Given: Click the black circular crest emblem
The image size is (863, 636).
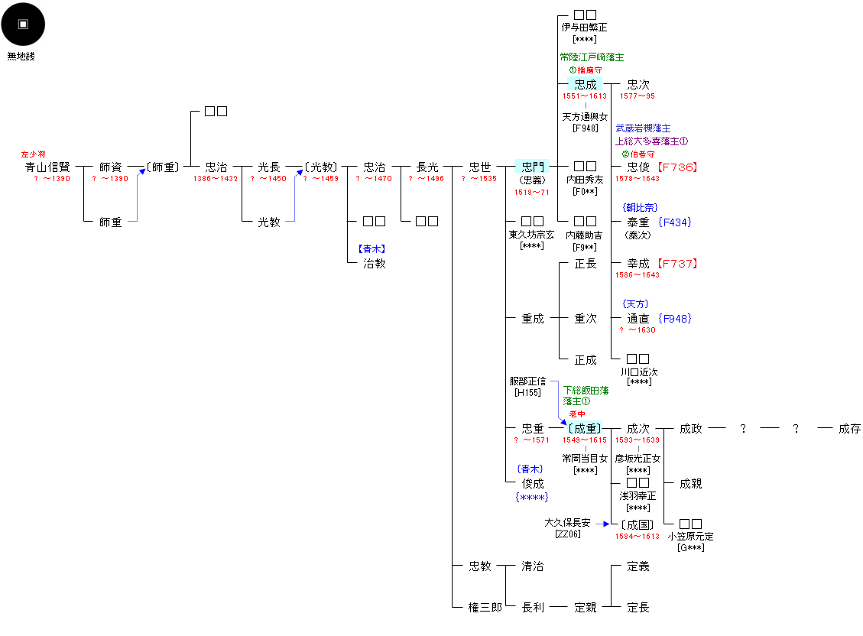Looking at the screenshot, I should coord(23,24).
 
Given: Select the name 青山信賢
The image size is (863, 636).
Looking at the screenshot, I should coord(47,167).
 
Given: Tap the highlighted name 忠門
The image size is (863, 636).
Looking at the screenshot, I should coord(532,167).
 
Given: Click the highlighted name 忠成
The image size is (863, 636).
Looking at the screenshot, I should coord(585,85).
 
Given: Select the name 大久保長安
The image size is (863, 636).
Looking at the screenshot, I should coord(567,523).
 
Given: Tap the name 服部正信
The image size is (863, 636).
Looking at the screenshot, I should coord(527,381).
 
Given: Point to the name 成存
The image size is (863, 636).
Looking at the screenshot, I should coord(849,429).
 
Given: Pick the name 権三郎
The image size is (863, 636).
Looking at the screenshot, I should coord(485,608).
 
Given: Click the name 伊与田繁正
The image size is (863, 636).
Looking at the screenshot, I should coord(584,28).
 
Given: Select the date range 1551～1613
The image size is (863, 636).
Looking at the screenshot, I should coord(584,96).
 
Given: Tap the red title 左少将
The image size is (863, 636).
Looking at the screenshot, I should coord(33,154).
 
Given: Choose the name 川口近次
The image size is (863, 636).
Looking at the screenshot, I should coord(638,372).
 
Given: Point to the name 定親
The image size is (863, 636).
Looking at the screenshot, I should coord(585,608).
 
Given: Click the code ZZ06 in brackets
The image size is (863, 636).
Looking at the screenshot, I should coord(567,534).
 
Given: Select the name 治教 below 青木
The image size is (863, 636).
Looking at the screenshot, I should coord(374,264).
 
